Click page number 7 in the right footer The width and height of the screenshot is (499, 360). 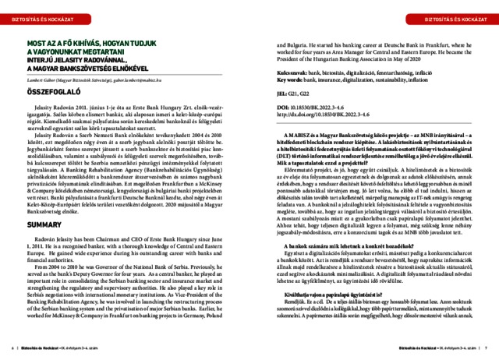[484, 348]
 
